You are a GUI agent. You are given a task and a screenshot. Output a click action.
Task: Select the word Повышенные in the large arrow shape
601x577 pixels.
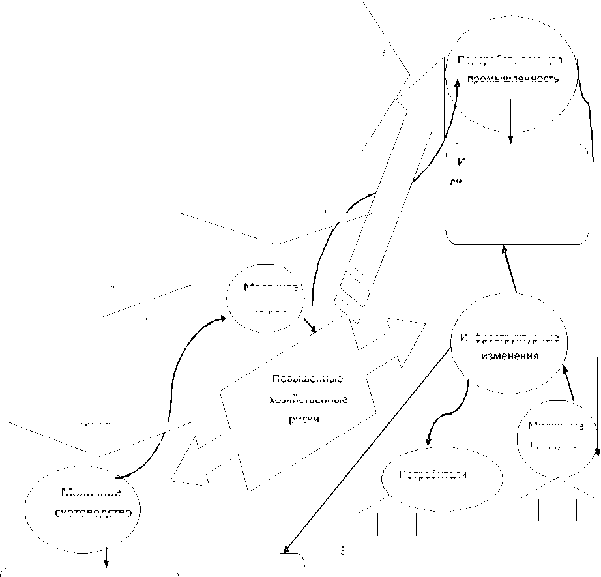point(305,379)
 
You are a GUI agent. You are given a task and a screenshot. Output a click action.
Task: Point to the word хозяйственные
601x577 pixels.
point(308,399)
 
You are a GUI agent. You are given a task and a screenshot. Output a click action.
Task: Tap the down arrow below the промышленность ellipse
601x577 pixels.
point(510,121)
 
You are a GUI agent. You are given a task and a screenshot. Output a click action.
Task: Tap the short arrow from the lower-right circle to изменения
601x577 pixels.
point(568,384)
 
